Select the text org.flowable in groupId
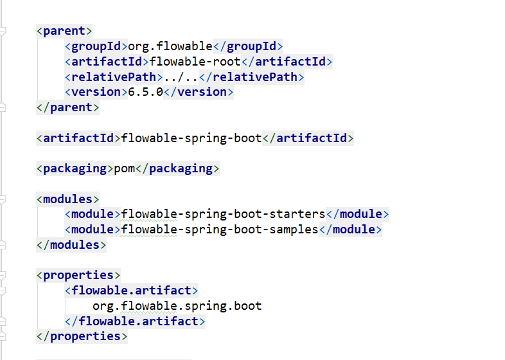click(x=170, y=46)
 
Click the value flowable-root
click(x=194, y=62)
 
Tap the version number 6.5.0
click(x=145, y=92)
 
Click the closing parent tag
click(x=67, y=107)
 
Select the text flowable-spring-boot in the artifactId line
click(x=191, y=138)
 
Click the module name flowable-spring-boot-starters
click(x=223, y=214)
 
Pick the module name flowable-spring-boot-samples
click(x=219, y=230)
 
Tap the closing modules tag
click(x=71, y=245)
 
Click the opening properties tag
click(x=78, y=275)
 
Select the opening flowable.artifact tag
click(x=131, y=291)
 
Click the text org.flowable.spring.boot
click(x=177, y=306)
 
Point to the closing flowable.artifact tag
click(x=134, y=321)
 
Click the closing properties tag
click(x=82, y=336)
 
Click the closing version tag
click(x=198, y=92)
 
